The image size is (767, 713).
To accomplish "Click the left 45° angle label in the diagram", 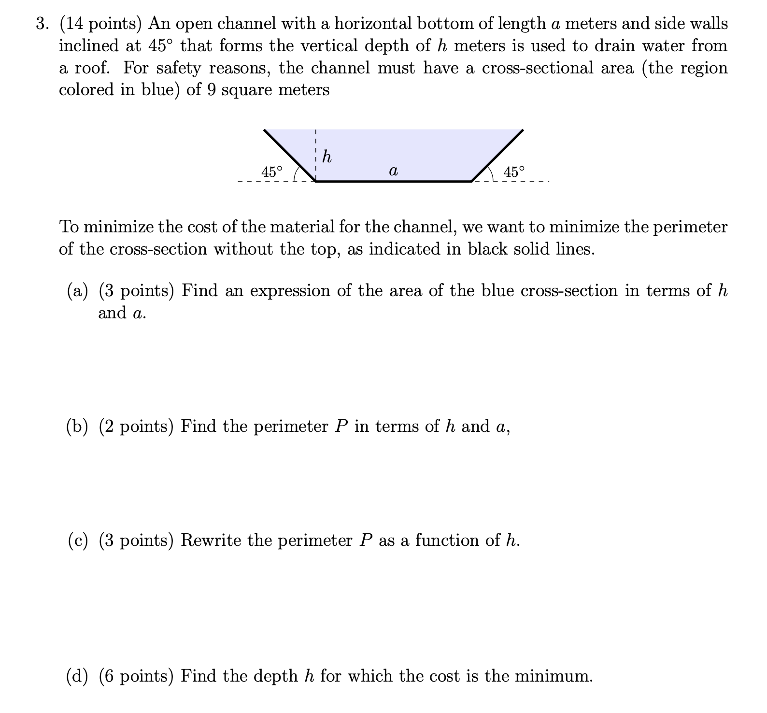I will (272, 171).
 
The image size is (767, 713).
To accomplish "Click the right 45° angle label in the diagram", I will (513, 171).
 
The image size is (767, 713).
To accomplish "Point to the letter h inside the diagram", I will (327, 157).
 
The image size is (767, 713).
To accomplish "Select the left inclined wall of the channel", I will (290, 156).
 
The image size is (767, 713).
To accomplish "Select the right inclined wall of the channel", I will (497, 156).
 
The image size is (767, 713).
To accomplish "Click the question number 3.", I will (43, 24).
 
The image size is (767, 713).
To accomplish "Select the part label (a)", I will (78, 291).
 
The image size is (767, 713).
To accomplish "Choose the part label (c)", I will (78, 541).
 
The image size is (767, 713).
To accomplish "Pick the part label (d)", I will (78, 676).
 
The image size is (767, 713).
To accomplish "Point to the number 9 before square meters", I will (211, 90).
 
